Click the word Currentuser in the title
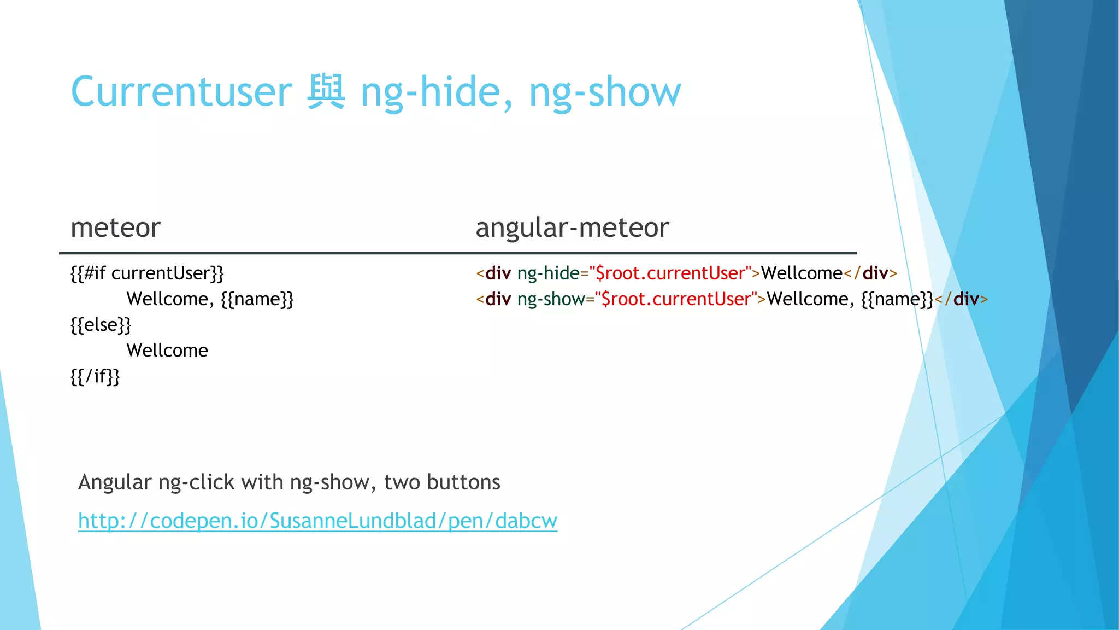point(181,91)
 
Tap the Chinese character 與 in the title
point(326,91)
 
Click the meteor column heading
point(115,227)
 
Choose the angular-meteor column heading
point(572,227)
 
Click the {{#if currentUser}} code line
point(147,273)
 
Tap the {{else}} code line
point(101,324)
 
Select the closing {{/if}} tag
point(95,376)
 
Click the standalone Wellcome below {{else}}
point(167,350)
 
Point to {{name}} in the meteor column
point(257,299)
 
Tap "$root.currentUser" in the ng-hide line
point(670,273)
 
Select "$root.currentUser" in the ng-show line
point(676,299)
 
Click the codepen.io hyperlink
point(317,521)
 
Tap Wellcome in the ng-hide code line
point(802,273)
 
